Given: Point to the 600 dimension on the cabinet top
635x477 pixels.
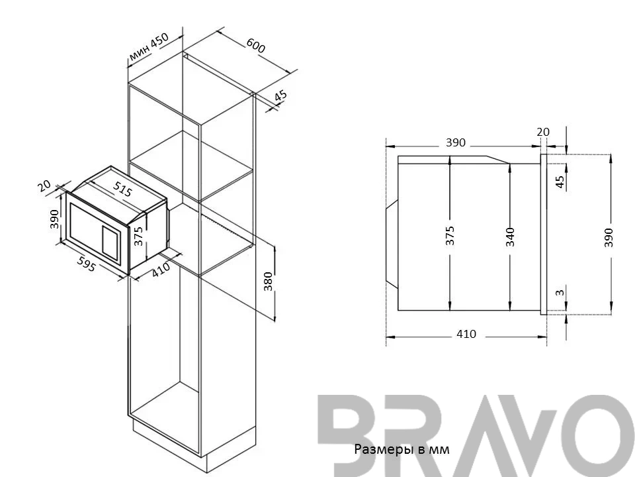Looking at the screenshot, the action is [x=255, y=46].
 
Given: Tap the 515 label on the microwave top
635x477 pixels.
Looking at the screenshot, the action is [x=123, y=189].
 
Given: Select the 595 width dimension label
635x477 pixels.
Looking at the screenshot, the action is [x=86, y=264].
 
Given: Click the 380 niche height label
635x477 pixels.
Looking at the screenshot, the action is [x=268, y=282].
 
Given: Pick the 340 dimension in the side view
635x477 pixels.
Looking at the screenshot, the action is [x=510, y=237].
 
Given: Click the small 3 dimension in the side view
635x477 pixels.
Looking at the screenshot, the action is [x=560, y=292].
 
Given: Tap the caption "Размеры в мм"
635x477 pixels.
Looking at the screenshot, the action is [x=402, y=449].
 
